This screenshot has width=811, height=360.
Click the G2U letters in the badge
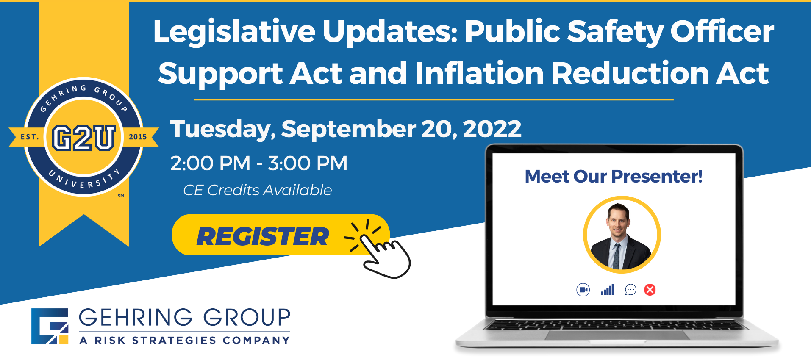coord(84,138)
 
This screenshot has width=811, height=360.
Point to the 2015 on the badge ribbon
coord(138,137)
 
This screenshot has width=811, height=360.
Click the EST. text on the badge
coord(30,137)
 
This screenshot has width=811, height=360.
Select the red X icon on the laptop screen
coord(650,290)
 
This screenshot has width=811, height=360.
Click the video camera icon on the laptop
coord(583,290)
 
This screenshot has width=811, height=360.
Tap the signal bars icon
coord(608,290)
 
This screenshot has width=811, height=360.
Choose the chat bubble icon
coord(630,290)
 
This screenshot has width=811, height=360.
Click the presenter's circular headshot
coord(622,235)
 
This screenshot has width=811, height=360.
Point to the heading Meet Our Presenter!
coord(614,176)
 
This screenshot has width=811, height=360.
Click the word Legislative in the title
coord(234,32)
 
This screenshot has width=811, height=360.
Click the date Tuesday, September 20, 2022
coord(346,129)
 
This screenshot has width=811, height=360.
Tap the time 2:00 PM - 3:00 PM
coord(259,163)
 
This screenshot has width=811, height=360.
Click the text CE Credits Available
coord(257,190)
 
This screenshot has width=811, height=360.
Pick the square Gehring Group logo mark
coord(50,326)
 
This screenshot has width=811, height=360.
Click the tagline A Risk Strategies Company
coord(185,341)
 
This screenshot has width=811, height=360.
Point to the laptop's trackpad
coord(617,335)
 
